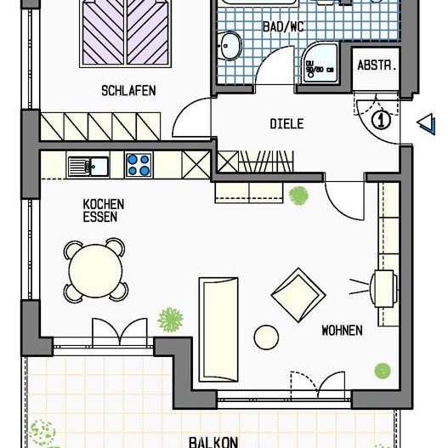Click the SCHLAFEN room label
128,90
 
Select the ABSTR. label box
376,66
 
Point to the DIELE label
286,123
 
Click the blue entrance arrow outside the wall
426,124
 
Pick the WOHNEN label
342,330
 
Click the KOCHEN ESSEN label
103,210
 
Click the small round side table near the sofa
266,337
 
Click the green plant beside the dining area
171,320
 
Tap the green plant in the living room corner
383,371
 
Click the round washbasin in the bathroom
228,46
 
